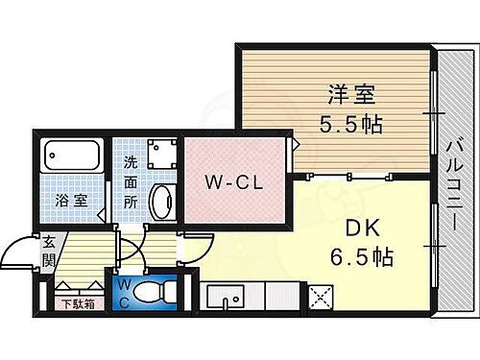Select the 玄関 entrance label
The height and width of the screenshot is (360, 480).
pos(47,255)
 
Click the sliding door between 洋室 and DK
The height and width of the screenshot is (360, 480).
pos(360,176)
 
